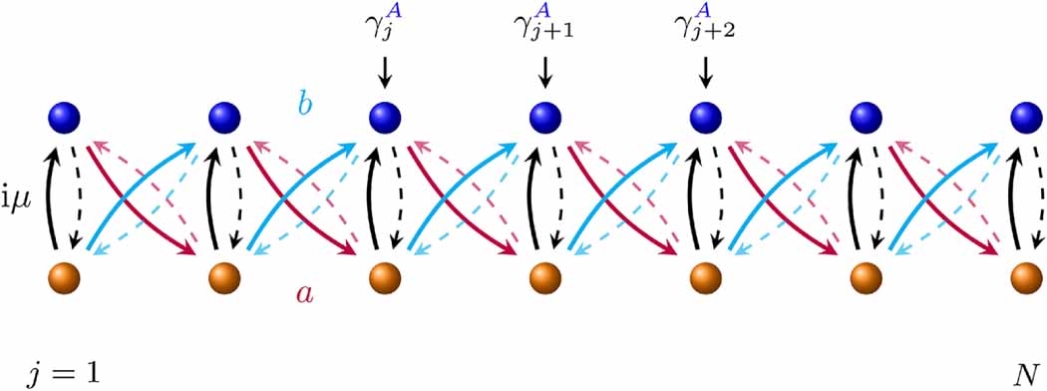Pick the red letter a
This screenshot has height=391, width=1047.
pyautogui.click(x=304, y=292)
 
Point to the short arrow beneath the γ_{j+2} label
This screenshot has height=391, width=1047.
pyautogui.click(x=707, y=71)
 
